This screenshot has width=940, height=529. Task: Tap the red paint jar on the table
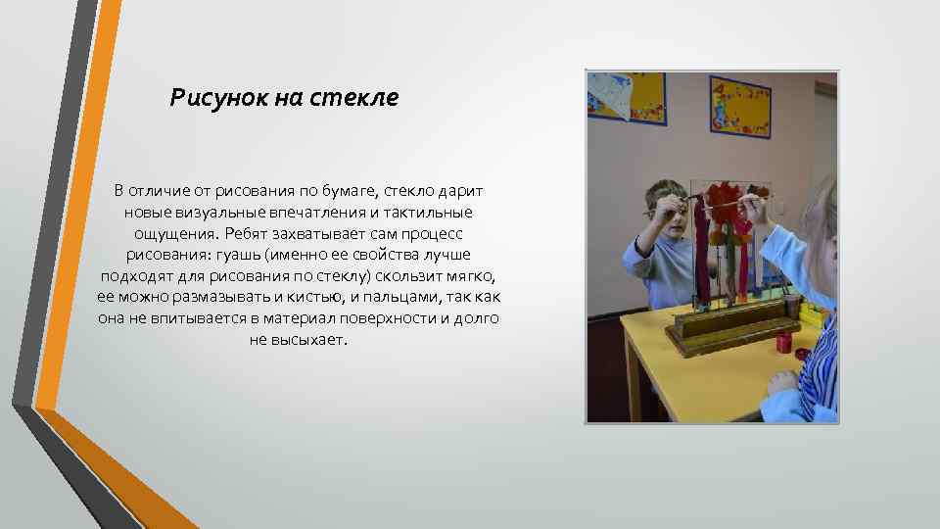[x=783, y=343]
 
